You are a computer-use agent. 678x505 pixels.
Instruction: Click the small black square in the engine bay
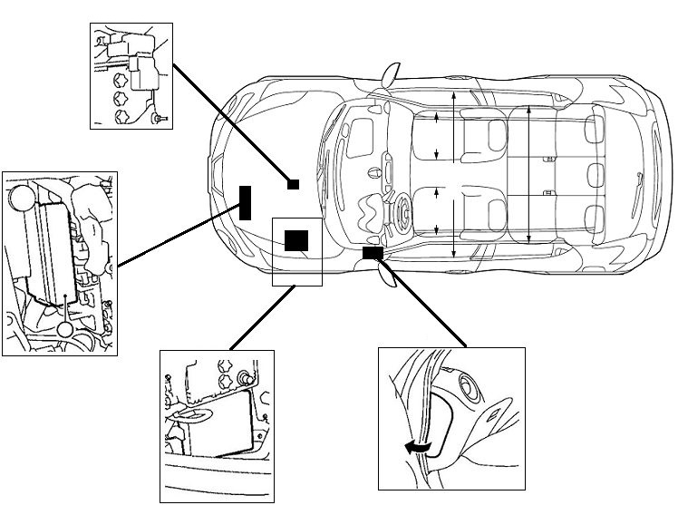[x=293, y=183]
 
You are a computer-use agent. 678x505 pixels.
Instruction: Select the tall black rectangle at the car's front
[x=245, y=201]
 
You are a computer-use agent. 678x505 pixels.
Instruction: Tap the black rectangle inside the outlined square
[x=296, y=240]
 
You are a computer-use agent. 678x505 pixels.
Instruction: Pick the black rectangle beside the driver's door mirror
[x=372, y=253]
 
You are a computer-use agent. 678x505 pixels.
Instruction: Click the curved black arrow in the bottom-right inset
[x=418, y=445]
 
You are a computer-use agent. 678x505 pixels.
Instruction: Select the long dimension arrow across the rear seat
[x=528, y=174]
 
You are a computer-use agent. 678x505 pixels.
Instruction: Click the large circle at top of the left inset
[x=20, y=197]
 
